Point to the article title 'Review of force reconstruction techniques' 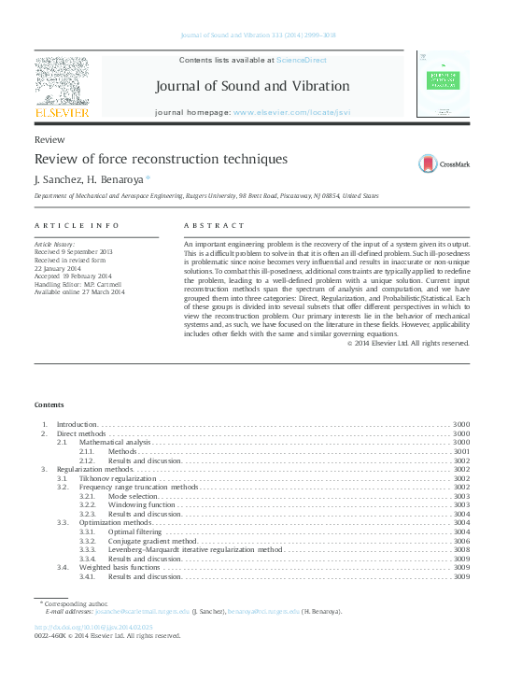click(161, 160)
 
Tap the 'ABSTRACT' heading click(214, 226)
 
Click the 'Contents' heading click(49, 404)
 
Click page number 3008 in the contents click(460, 550)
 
